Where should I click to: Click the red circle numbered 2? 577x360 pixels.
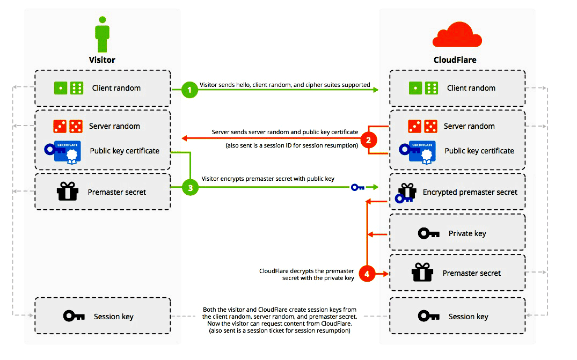[x=368, y=141]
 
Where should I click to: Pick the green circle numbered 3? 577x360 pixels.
[x=189, y=187]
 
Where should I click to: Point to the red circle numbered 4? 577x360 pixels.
[x=367, y=274]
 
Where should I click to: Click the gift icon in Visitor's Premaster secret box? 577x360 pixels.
[x=68, y=192]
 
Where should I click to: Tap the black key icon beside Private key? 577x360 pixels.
[x=429, y=233]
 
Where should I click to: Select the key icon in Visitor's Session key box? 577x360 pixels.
[x=74, y=316]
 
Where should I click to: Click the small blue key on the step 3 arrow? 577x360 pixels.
[x=358, y=187]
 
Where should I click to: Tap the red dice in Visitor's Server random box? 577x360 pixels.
[x=68, y=126]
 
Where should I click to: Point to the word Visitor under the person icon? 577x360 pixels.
[x=102, y=60]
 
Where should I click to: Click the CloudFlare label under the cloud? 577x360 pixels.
[x=455, y=60]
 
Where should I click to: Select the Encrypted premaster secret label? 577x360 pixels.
[x=470, y=192]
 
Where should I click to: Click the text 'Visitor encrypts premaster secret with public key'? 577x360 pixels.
[x=268, y=179]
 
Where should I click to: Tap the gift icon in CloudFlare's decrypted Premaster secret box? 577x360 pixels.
[x=422, y=273]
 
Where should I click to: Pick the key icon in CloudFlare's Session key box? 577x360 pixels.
[x=429, y=316]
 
